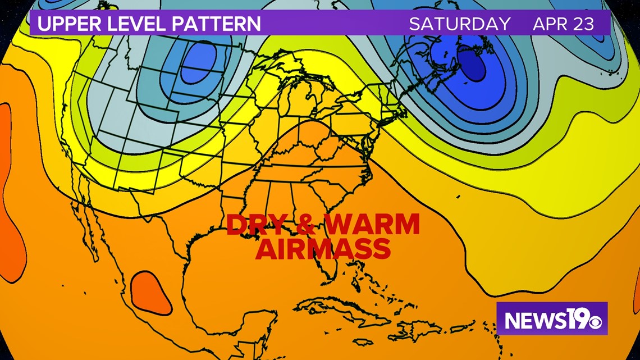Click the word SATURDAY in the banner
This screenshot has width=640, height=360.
[x=460, y=24]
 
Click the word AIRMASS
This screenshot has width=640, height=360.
[x=323, y=249]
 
